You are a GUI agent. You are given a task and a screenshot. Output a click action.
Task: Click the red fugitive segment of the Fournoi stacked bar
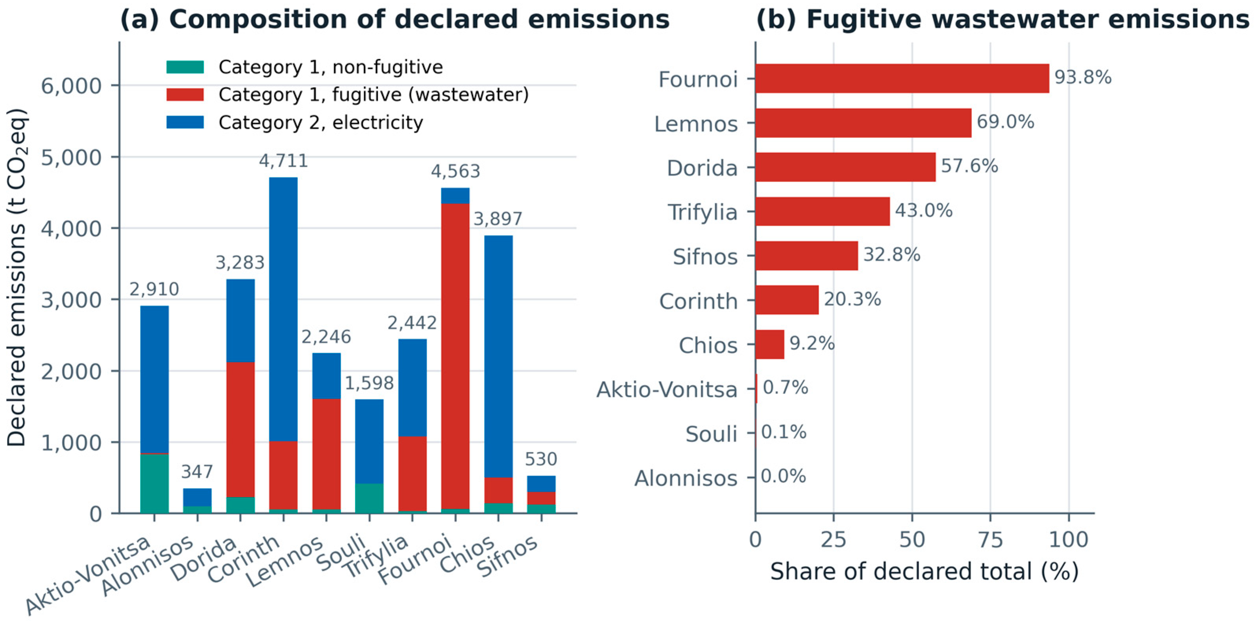[455, 356]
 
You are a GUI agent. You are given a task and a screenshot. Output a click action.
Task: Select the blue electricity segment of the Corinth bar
[283, 309]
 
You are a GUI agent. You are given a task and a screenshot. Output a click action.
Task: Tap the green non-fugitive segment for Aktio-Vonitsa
[154, 484]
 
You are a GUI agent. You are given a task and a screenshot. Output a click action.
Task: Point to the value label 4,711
[283, 161]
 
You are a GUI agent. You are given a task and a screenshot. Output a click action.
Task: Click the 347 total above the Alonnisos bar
[197, 472]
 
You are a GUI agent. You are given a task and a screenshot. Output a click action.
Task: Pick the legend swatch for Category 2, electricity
[185, 122]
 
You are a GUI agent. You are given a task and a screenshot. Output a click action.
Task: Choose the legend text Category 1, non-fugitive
[331, 67]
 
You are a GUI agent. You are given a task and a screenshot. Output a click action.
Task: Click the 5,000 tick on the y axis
[71, 157]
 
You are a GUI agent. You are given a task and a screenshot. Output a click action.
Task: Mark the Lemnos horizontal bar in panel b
[863, 123]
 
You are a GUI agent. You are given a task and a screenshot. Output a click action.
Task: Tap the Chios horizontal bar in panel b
[769, 344]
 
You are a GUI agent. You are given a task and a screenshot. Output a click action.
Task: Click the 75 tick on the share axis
[990, 540]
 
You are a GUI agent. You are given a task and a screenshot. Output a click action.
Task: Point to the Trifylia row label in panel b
[703, 212]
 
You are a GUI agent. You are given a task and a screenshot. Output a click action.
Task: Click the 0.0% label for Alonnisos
[783, 476]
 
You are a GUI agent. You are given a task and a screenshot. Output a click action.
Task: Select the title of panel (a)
[395, 19]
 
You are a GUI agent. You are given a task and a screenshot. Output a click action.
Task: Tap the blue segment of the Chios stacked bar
[498, 356]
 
